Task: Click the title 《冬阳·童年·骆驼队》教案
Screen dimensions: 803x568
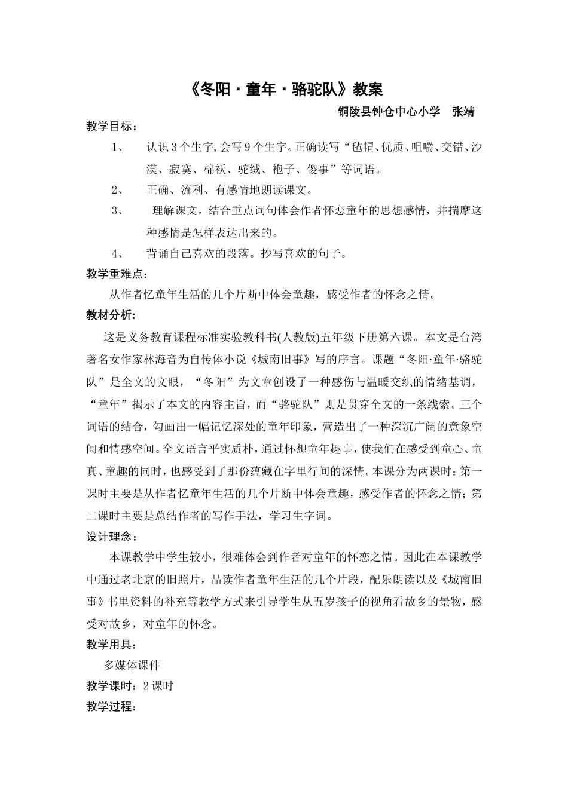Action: (285, 90)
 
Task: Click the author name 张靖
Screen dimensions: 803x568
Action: (463, 112)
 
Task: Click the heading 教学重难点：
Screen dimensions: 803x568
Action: (117, 274)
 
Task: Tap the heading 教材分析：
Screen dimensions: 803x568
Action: (111, 315)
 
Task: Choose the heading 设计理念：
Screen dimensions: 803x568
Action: (111, 537)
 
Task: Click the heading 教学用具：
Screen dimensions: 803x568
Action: (111, 645)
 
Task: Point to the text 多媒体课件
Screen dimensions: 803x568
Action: (132, 666)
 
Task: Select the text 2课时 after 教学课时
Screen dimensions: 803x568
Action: (158, 686)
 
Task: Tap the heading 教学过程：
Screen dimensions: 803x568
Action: (111, 707)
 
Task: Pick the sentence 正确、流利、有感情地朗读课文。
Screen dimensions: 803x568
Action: (230, 190)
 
